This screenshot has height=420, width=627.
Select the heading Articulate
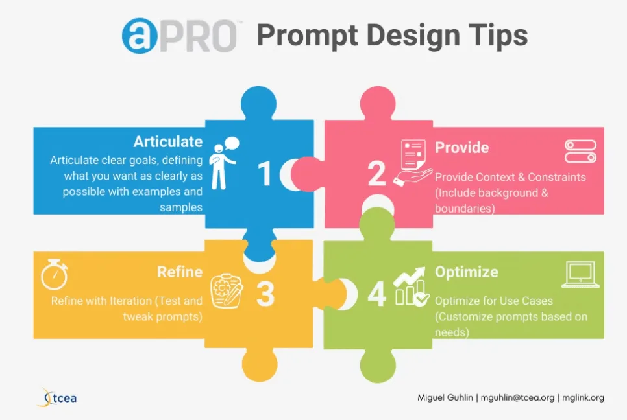click(168, 142)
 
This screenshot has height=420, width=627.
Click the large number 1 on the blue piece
click(264, 174)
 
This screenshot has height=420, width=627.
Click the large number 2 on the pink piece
click(376, 174)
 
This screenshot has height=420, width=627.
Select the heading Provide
click(462, 148)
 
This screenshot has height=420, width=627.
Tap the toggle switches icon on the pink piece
click(581, 151)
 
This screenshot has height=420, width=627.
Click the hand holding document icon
click(413, 162)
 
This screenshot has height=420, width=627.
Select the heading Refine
click(180, 272)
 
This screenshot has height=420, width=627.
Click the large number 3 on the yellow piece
click(265, 294)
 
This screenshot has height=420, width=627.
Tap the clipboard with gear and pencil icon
click(227, 291)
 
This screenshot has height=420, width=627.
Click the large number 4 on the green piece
click(376, 294)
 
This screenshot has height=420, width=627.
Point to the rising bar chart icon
click(411, 286)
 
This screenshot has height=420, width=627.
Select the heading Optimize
click(467, 272)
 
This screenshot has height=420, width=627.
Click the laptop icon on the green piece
click(581, 274)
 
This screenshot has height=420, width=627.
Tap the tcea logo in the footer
click(57, 398)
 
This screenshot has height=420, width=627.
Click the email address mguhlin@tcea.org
click(517, 398)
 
